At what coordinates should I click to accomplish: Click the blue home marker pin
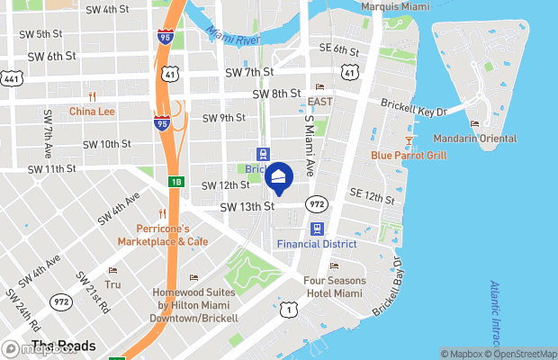[x=279, y=178]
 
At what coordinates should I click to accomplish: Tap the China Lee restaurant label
[x=93, y=112]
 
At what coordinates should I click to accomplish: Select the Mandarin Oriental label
[x=474, y=139]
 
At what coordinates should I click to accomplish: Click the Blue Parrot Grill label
[x=409, y=155]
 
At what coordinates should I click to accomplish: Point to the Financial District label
[x=316, y=244]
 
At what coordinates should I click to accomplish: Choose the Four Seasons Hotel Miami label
[x=334, y=286]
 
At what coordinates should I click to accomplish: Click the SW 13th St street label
[x=247, y=206]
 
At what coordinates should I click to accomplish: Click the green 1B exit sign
[x=176, y=181]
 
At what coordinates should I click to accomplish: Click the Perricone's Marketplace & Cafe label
[x=162, y=235]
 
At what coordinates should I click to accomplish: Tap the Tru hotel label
[x=112, y=283]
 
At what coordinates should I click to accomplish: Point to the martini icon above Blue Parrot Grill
[x=409, y=140]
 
